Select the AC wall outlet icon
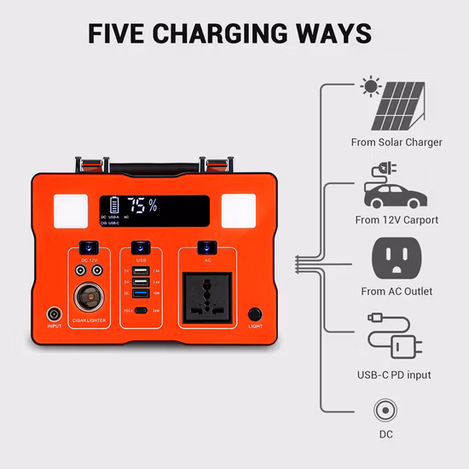pyautogui.click(x=397, y=258)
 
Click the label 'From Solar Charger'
pyautogui.click(x=397, y=142)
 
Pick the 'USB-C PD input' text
pyautogui.click(x=394, y=374)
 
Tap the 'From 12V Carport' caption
pyautogui.click(x=397, y=220)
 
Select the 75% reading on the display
pyautogui.click(x=142, y=206)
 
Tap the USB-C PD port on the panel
pyautogui.click(x=141, y=310)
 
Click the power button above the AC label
pyautogui.click(x=206, y=247)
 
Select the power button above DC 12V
pyautogui.click(x=85, y=247)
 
